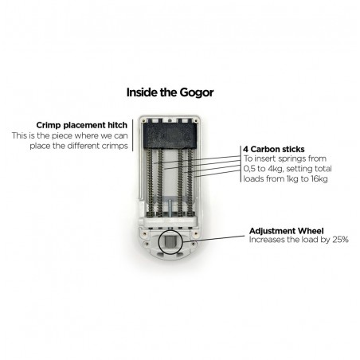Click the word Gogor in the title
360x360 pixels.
coord(197,92)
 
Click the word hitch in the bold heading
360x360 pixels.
coord(117,125)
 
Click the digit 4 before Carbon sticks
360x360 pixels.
coord(245,149)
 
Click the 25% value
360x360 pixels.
coord(340,240)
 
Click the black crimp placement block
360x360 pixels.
coord(170,135)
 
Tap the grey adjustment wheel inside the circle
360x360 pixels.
coord(170,241)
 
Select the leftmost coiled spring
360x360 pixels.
coord(151,182)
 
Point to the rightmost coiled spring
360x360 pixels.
coord(190,182)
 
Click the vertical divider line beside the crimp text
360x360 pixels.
coord(132,135)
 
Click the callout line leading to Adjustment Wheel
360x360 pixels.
coord(213,238)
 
